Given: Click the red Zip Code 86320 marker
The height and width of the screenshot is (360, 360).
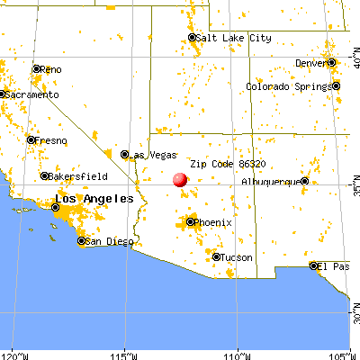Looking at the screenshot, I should (x=179, y=179).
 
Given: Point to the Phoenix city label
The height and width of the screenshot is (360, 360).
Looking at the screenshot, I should (x=214, y=221).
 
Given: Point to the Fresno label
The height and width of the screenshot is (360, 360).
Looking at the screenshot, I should (x=49, y=140).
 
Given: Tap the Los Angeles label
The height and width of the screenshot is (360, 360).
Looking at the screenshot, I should (x=94, y=198).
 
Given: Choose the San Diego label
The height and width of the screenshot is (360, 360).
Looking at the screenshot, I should (x=106, y=241).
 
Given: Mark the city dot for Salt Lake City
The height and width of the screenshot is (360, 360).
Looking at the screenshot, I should (x=193, y=38).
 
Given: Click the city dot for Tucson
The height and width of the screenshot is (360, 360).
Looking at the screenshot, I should (x=216, y=256).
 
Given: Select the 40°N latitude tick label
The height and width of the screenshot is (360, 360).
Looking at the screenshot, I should (x=353, y=61).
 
